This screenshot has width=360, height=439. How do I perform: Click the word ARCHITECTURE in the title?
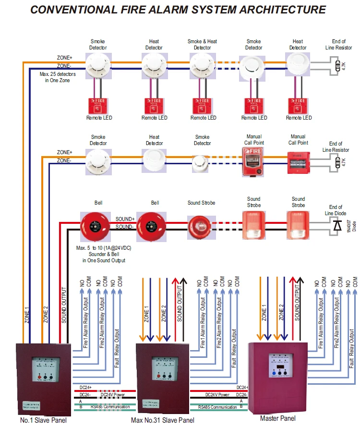[x=269, y=10]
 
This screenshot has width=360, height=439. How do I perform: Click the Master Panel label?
[x=277, y=418]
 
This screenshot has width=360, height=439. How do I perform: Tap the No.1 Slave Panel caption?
[x=43, y=421]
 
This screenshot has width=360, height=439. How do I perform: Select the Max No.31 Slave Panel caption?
[x=163, y=421]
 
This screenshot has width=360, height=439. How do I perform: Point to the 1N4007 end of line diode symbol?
[x=337, y=224]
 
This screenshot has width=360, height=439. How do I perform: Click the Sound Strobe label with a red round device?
[x=201, y=203]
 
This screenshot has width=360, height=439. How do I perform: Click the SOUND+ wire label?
[x=124, y=219]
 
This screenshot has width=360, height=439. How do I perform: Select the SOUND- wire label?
[x=124, y=226]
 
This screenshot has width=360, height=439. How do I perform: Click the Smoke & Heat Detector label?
[x=202, y=44]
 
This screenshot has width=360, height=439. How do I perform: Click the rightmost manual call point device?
[x=298, y=162]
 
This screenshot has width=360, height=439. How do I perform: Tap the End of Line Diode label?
[x=336, y=210]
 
